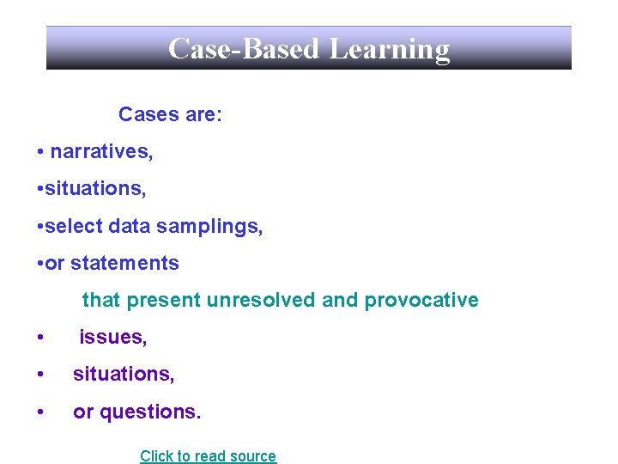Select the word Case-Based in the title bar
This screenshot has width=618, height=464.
(245, 49)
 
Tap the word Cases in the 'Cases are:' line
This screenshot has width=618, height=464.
(144, 115)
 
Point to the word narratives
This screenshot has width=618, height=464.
(101, 153)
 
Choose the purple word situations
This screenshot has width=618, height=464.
(123, 375)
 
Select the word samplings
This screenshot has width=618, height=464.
(220, 228)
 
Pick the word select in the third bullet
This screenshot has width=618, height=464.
(73, 227)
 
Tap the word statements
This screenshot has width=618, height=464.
(125, 264)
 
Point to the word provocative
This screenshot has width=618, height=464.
(421, 301)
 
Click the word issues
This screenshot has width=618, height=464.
(112, 338)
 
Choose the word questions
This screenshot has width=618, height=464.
(150, 412)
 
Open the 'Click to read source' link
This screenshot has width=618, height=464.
(208, 456)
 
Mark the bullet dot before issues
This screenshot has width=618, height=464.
(41, 338)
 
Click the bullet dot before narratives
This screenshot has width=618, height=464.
(41, 153)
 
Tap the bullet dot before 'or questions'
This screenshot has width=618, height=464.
(41, 412)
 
